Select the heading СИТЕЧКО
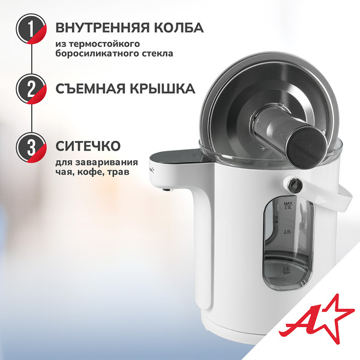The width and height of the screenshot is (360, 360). [89, 146]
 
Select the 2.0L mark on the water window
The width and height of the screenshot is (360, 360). [287, 231]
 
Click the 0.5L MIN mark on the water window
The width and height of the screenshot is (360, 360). [287, 271]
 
